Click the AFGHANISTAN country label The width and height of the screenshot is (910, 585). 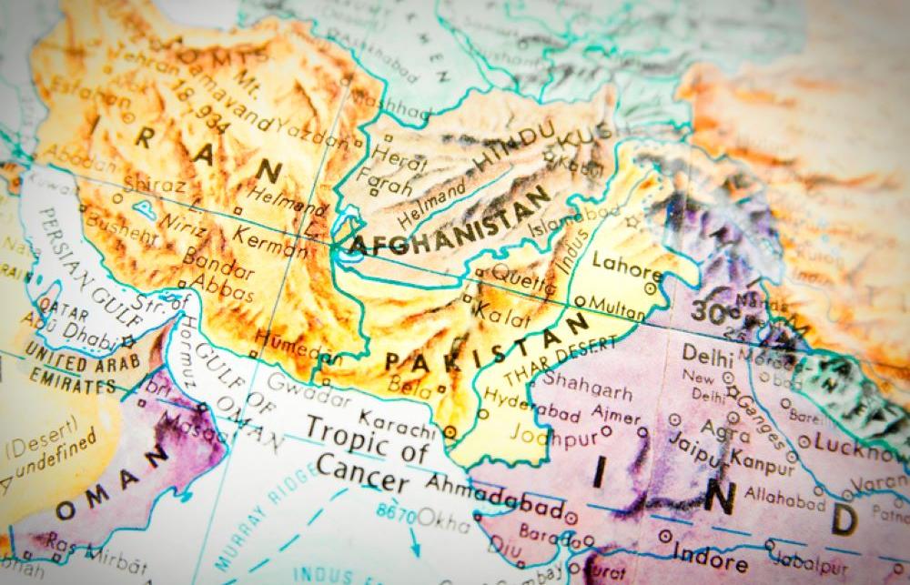pos(450,221)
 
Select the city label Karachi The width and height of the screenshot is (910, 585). pos(391,423)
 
